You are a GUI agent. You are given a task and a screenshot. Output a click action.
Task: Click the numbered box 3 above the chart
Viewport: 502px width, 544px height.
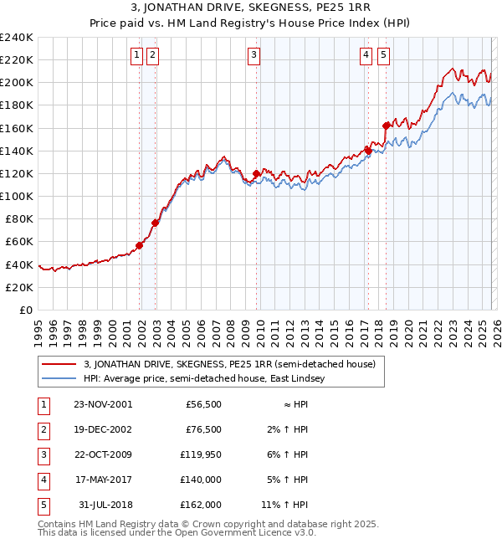pyautogui.click(x=254, y=56)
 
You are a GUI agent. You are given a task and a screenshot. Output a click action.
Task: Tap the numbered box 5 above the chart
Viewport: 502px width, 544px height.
pyautogui.click(x=383, y=56)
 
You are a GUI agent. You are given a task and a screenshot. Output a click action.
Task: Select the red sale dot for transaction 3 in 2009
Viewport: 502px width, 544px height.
pyautogui.click(x=256, y=174)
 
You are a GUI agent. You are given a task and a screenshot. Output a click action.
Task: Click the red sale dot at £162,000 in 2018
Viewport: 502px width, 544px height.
pyautogui.click(x=386, y=126)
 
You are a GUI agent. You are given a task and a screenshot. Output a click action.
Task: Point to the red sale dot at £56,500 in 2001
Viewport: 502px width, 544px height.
pyautogui.click(x=139, y=245)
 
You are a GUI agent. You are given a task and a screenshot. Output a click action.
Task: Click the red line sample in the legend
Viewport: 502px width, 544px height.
pyautogui.click(x=59, y=364)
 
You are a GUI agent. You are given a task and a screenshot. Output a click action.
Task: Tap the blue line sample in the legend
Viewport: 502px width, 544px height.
pyautogui.click(x=59, y=378)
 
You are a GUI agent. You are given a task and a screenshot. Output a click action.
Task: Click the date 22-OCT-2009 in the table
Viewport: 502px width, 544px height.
pyautogui.click(x=102, y=454)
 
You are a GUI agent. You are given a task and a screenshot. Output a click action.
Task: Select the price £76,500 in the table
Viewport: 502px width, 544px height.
pyautogui.click(x=203, y=429)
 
